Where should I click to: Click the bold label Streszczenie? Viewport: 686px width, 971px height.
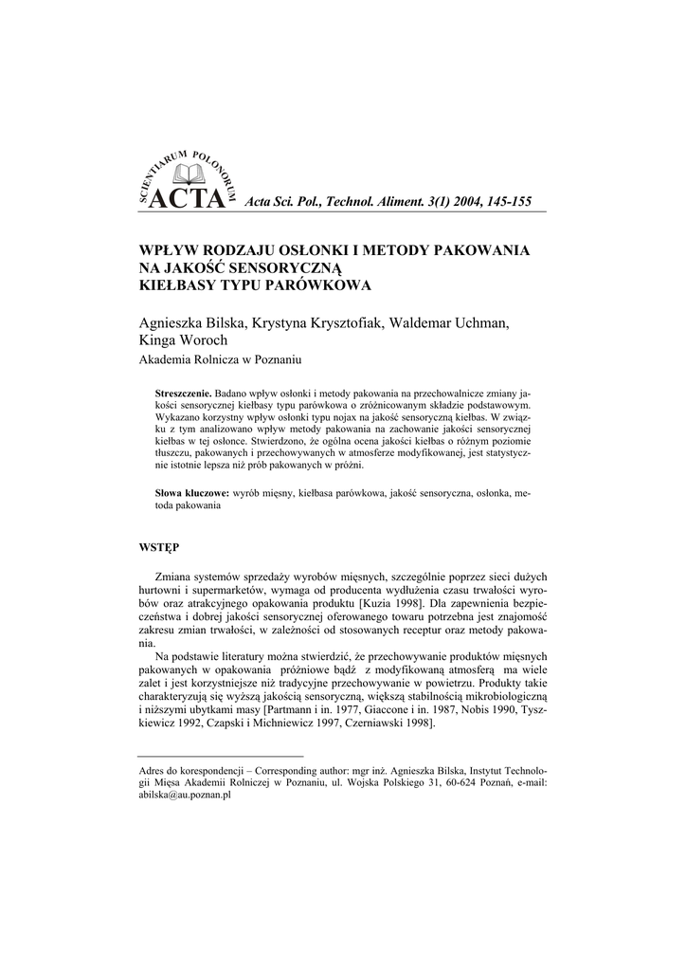pos(184,393)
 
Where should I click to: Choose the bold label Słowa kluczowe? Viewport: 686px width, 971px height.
pos(192,494)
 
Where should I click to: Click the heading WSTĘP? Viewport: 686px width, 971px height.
pos(159,546)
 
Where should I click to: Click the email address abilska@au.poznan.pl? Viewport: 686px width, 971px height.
pos(187,797)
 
